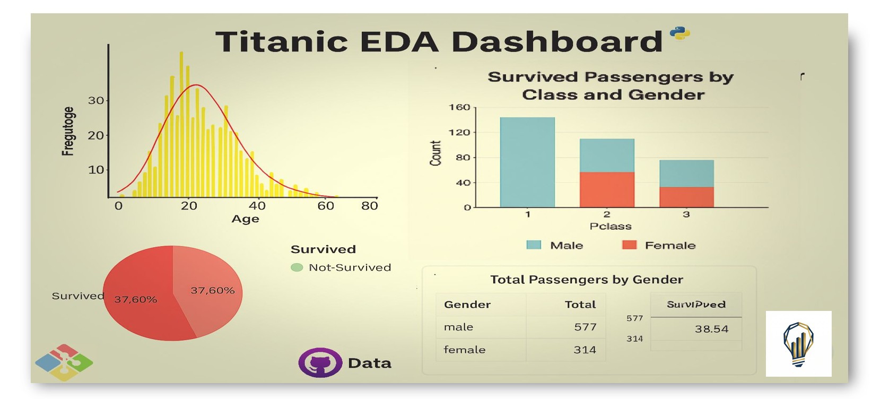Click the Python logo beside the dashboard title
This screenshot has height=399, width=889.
coord(679,33)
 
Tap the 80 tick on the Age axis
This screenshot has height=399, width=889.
coord(369,206)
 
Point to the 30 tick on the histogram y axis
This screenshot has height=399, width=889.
coord(96,100)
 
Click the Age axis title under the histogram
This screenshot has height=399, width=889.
coord(245,219)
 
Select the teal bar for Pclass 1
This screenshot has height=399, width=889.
coord(527,162)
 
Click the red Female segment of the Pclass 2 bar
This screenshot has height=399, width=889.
coord(607,189)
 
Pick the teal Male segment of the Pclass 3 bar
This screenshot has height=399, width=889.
coord(686,174)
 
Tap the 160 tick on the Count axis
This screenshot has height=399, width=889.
coord(459,107)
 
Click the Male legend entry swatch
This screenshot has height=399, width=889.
coord(534,245)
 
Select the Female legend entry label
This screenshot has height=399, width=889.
coord(670,245)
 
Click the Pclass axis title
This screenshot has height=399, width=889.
coord(611,226)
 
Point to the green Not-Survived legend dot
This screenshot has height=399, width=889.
coord(297,267)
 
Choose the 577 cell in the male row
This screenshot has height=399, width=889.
coord(585,327)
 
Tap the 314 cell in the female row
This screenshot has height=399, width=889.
coord(585,350)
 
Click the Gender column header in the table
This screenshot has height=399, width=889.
coord(467,305)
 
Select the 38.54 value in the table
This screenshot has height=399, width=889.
coord(711,329)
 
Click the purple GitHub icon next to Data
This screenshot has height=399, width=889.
coord(320,362)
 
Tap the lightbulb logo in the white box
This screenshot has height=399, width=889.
coord(798,344)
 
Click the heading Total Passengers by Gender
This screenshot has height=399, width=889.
coord(586,280)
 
